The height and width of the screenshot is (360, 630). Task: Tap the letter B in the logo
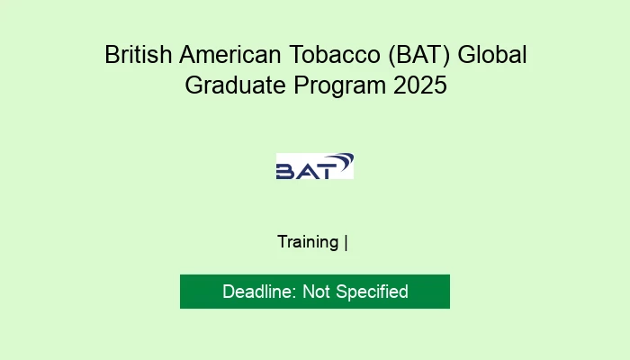(285, 171)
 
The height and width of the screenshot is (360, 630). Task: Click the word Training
(308, 242)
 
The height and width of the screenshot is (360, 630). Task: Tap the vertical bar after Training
(346, 242)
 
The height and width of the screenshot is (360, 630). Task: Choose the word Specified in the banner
(373, 292)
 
